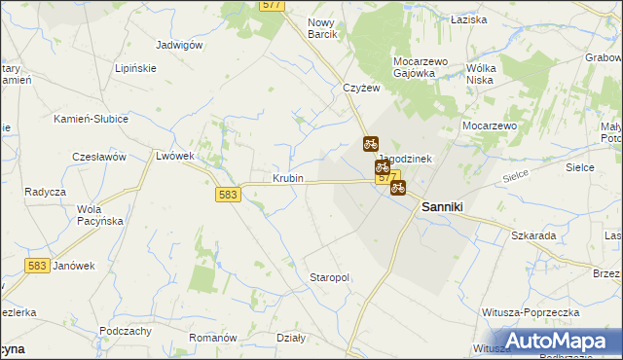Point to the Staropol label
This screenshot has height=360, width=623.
(x=329, y=277)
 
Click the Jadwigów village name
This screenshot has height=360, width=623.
(x=179, y=45)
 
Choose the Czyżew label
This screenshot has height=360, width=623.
(x=360, y=88)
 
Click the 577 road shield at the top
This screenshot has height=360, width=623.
(x=272, y=6)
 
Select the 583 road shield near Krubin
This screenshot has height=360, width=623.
(x=228, y=195)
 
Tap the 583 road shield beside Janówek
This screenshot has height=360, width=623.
(x=39, y=266)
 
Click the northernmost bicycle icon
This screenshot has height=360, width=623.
(x=371, y=144)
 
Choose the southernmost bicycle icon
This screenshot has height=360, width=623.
(x=398, y=188)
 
